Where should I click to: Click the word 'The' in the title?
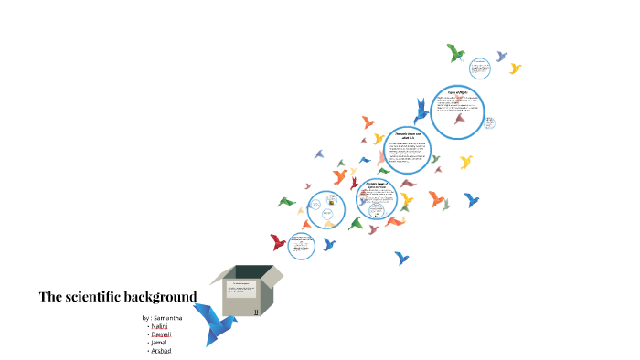point(50,297)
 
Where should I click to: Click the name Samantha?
point(167,317)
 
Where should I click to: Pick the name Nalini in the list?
point(160,325)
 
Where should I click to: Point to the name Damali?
point(162,334)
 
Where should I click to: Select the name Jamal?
point(160,342)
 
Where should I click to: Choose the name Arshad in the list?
point(162,350)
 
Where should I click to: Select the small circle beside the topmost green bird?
point(479,70)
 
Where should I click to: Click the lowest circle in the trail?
point(302,245)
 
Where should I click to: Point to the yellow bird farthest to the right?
point(515,68)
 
